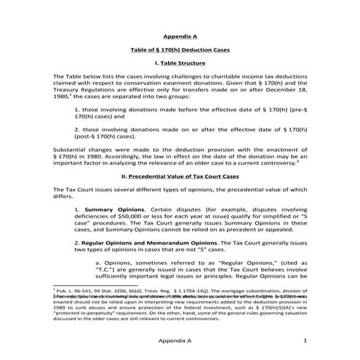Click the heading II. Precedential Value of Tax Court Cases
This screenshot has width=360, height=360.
[x=180, y=175]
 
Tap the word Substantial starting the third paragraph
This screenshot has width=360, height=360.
[x=72, y=148]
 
